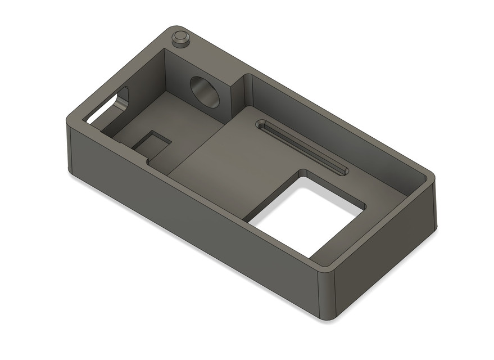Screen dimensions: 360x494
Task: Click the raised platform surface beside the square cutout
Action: pyautogui.click(x=236, y=169)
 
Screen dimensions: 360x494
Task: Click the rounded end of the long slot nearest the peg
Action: pyautogui.click(x=260, y=124)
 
